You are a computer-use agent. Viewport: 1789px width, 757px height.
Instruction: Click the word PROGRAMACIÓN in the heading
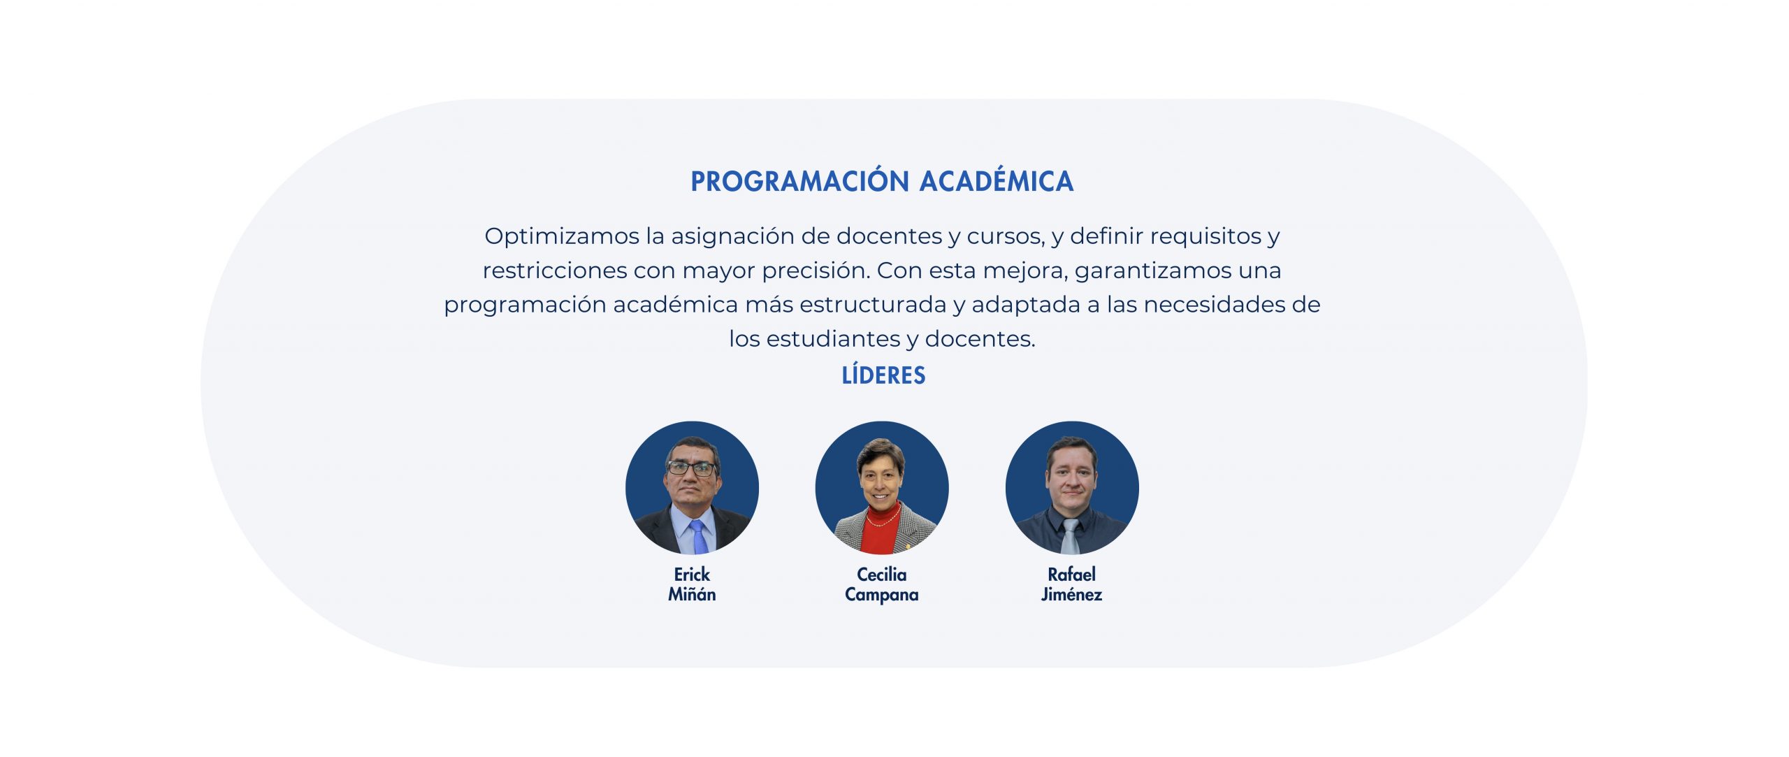[x=799, y=180]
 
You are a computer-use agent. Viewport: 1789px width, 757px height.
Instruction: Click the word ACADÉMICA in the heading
[x=997, y=180]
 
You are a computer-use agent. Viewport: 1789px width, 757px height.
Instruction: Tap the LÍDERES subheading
[x=883, y=375]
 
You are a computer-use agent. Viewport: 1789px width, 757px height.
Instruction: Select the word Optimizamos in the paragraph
[x=562, y=237]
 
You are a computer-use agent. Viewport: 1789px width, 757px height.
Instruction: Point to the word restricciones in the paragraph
[x=555, y=271]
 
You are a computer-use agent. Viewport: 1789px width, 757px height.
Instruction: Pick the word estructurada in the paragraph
[x=873, y=305]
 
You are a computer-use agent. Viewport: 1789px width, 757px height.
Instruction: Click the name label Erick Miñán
[x=692, y=584]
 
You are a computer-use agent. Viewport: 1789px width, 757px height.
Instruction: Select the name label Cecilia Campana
[x=882, y=585]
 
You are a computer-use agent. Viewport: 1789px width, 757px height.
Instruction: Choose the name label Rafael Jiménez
[x=1072, y=584]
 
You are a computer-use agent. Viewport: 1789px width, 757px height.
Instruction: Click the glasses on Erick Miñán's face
[x=692, y=468]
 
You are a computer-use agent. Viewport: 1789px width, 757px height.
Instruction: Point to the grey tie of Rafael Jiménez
[x=1070, y=536]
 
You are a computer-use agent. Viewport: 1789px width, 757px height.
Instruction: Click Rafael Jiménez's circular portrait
[x=1072, y=488]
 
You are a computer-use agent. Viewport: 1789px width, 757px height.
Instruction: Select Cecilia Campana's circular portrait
[x=882, y=488]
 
